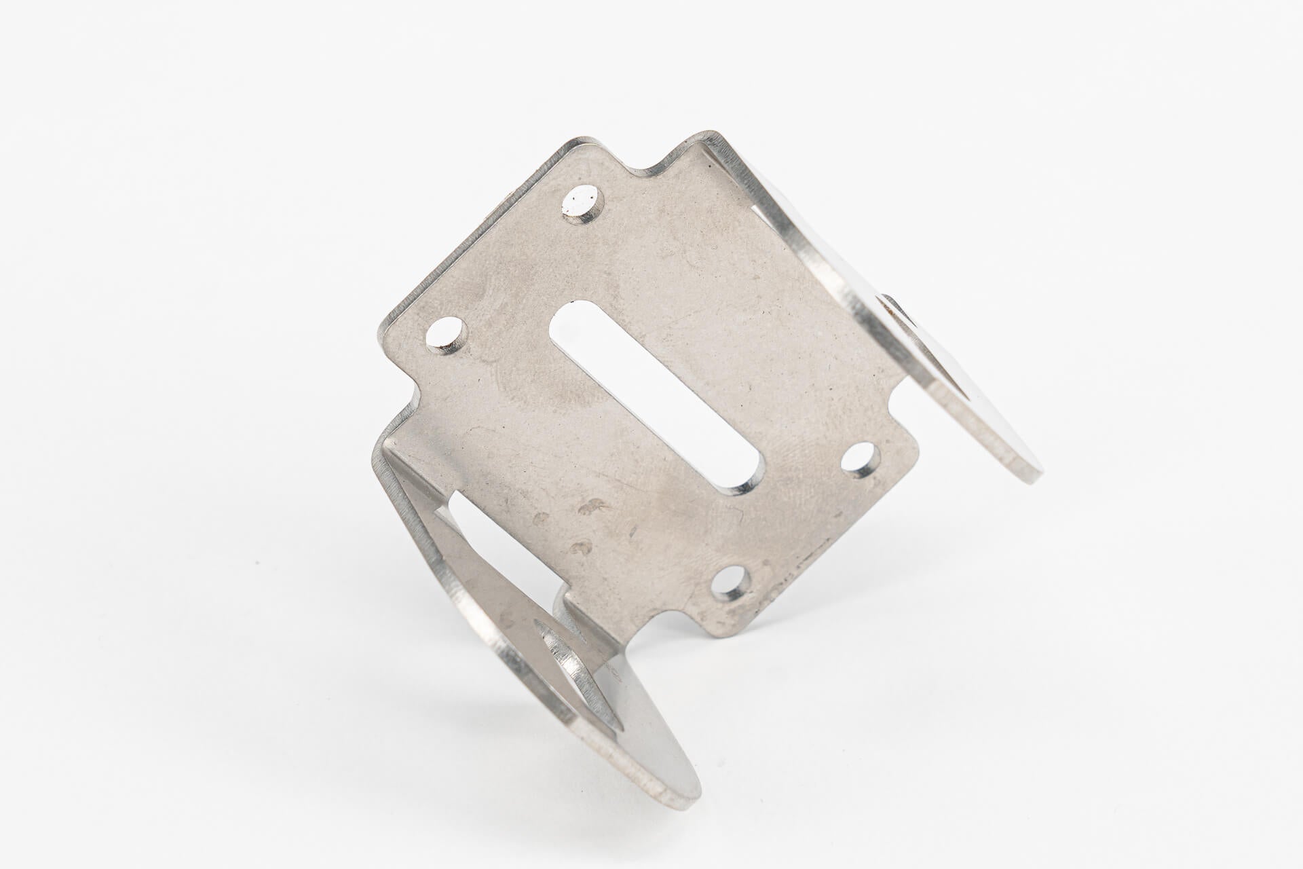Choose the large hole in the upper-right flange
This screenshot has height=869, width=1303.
point(930,339)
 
